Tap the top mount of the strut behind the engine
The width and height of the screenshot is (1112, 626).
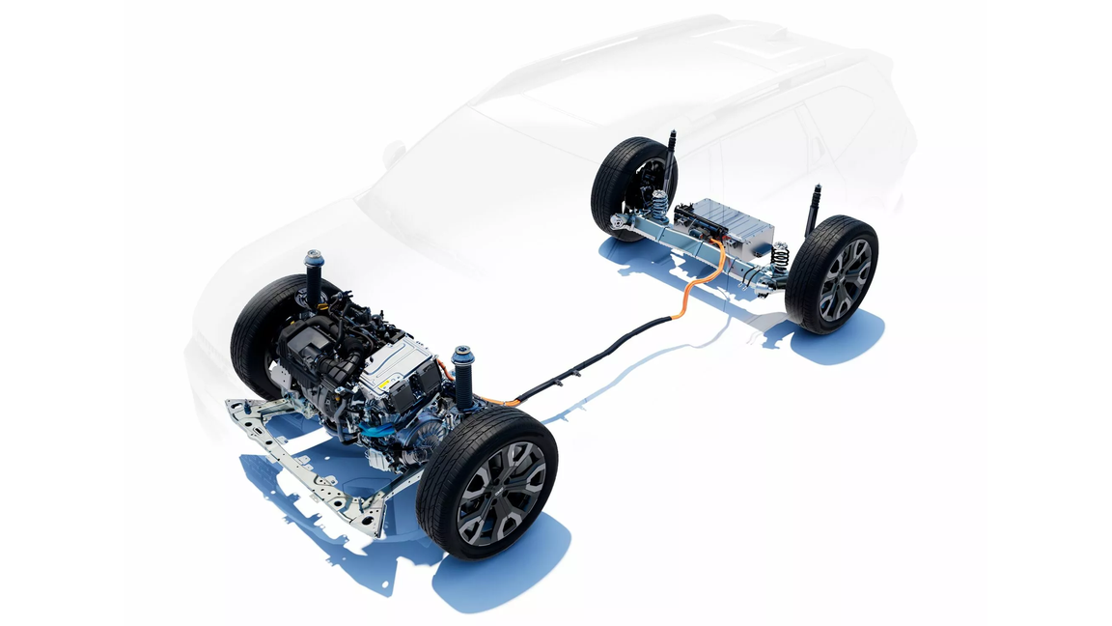pos(313,260)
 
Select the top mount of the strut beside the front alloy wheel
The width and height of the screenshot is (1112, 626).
pos(462,355)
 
